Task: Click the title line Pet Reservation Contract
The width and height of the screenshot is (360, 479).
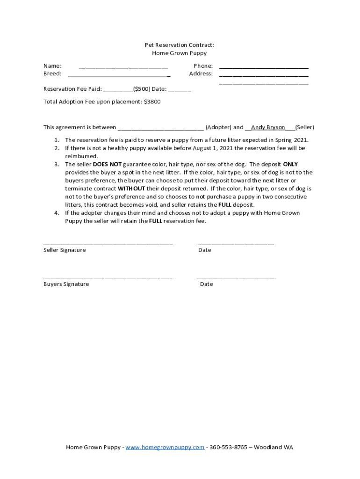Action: [179, 45]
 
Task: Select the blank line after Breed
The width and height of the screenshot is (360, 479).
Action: [119, 74]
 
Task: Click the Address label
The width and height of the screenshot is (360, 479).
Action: [201, 73]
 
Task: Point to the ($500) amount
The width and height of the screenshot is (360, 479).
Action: [142, 89]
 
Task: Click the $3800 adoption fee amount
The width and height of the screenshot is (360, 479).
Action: [152, 102]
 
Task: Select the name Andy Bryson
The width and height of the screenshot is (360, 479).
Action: [268, 127]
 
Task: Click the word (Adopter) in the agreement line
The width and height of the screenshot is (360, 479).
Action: [218, 127]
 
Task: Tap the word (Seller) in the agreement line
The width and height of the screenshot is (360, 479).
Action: [304, 127]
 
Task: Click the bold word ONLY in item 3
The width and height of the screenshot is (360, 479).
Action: [290, 164]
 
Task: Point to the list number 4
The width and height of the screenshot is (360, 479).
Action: [56, 213]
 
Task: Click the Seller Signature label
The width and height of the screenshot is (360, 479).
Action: [65, 250]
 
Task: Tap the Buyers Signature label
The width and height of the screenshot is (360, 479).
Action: [66, 284]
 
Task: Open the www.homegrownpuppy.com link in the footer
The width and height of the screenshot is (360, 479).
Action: [165, 447]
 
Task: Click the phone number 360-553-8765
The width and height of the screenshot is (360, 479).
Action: [228, 447]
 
